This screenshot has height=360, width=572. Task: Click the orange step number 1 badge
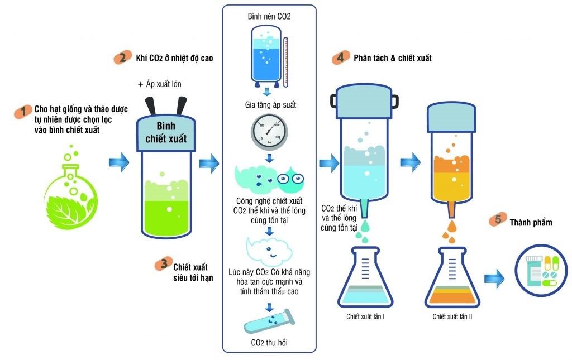(23, 111)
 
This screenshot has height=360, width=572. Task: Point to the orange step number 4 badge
(338, 58)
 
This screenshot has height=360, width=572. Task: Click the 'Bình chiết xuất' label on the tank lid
(166, 132)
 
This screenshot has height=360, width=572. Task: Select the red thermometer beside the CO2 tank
(285, 62)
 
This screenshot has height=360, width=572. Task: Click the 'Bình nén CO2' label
(269, 17)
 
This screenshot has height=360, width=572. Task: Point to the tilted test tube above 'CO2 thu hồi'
(269, 321)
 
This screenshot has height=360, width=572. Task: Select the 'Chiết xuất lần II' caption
(453, 317)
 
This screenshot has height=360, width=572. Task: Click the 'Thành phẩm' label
(531, 222)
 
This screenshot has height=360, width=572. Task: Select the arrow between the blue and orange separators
(411, 161)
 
